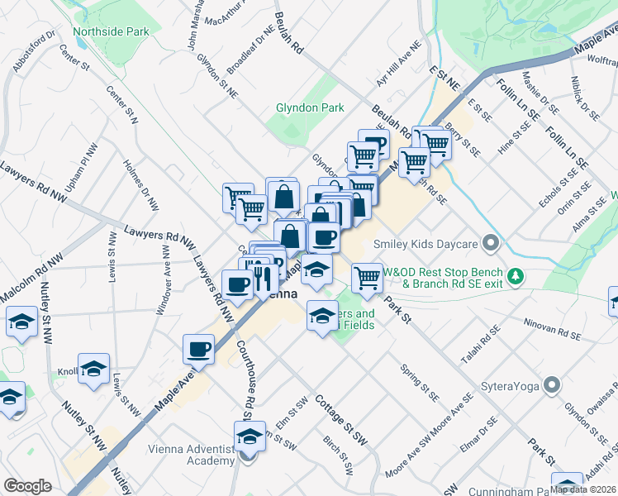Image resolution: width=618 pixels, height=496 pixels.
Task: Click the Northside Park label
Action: [x=111, y=32]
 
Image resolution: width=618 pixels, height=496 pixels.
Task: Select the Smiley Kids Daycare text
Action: [x=426, y=244]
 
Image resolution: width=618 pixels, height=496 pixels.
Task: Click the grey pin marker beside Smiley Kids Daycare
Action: [x=492, y=244]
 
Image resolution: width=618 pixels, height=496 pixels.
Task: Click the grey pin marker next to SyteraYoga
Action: [x=553, y=385]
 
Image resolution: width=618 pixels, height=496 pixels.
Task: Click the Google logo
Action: [x=27, y=486]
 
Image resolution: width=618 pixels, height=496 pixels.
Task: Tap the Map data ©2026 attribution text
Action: [x=582, y=489]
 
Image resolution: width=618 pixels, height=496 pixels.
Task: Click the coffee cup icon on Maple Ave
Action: [x=199, y=349]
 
